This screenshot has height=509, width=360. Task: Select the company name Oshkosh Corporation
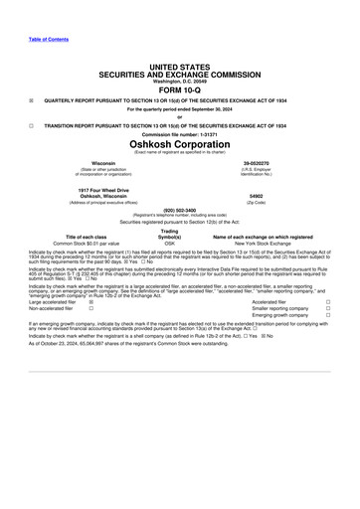pyautogui.click(x=180, y=143)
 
